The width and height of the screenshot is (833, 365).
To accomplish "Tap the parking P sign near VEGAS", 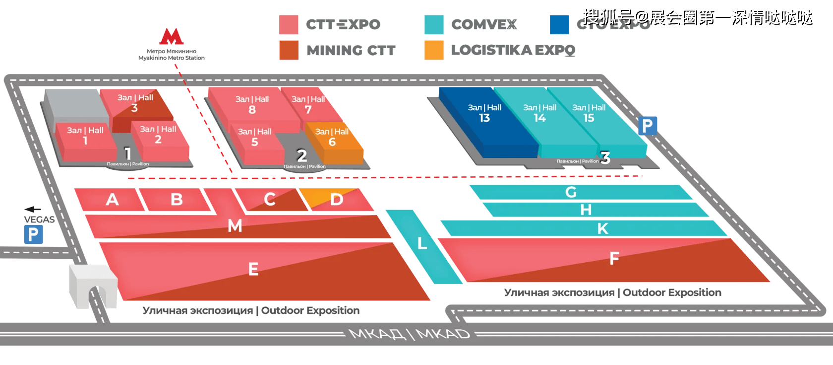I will pos(33,234).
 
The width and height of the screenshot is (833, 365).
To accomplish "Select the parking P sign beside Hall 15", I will pos(647,126).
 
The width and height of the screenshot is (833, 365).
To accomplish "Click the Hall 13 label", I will pos(484,113).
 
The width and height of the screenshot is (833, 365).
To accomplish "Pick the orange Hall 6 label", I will pos(332,137).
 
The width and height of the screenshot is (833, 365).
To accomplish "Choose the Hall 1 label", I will pos(85,136).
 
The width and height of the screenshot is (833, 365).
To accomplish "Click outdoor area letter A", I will pos(112,200).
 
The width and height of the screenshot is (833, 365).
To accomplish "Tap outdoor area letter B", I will pos(177,200).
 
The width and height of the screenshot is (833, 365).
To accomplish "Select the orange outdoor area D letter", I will pos(337,200).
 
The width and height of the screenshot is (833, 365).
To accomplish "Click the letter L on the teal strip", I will pos(422,243).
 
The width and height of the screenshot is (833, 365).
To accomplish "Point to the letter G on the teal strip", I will pos(571,192).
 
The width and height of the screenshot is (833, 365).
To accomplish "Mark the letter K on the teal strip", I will pos(602,228).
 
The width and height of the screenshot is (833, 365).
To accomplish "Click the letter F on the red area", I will pos(614,258).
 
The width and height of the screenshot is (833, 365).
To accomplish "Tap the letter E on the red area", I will pos(253,269).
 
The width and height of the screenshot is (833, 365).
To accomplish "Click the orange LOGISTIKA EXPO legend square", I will pos(434,50).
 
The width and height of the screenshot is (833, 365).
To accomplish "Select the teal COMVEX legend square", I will pos(434,24).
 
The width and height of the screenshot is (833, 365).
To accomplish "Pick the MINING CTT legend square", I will pos(289,50).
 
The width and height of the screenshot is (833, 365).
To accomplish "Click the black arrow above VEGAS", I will pos(33,210).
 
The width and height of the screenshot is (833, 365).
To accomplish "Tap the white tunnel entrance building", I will pos(93,286).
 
